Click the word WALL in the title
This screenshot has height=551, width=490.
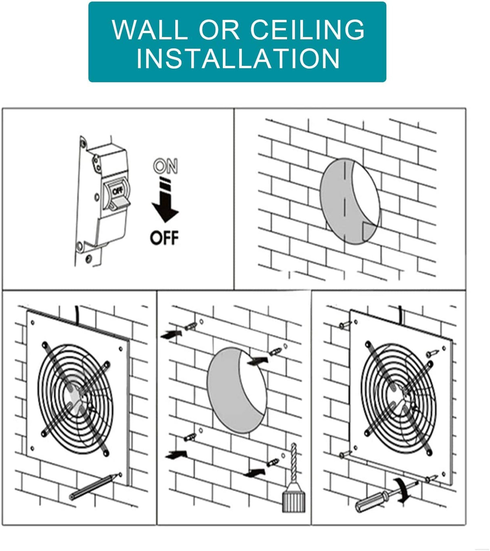pos(149,29)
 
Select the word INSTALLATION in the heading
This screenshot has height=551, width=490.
pos(238,59)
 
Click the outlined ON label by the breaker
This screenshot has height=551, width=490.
pos(165,166)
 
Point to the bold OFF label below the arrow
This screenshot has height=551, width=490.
pos(164,238)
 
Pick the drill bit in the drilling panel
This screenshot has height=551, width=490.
pos(293,464)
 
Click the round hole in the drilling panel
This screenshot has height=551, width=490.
pos(237,390)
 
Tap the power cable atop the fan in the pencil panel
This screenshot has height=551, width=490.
pos(77,314)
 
